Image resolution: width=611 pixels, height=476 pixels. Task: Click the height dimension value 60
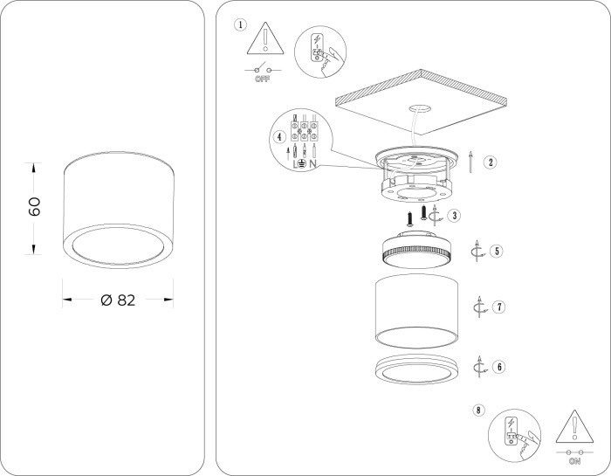(x=34, y=206)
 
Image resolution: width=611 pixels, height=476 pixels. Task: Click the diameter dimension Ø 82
(x=118, y=300)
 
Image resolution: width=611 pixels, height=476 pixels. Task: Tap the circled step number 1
(x=240, y=25)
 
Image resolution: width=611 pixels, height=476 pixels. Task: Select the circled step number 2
(x=491, y=162)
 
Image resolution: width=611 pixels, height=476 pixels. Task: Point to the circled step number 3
(x=455, y=216)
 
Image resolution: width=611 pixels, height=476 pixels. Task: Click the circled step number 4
(x=279, y=137)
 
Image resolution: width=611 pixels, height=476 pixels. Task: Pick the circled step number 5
(x=497, y=251)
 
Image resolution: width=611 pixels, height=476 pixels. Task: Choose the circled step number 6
(x=498, y=367)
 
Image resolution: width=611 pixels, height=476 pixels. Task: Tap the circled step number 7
(x=498, y=307)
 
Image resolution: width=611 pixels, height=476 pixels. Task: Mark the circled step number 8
(x=478, y=410)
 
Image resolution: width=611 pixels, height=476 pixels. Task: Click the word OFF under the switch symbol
(x=262, y=79)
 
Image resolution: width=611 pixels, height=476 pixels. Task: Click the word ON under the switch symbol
(x=574, y=461)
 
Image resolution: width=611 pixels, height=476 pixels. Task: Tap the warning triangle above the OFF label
(x=265, y=38)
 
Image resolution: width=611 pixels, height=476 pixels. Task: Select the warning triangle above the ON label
(x=574, y=427)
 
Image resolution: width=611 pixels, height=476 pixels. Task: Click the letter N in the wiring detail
(x=312, y=164)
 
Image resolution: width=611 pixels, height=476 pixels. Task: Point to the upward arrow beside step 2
(x=471, y=162)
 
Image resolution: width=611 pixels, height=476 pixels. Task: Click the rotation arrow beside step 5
(x=477, y=251)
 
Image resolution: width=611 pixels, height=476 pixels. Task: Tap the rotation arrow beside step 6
(x=479, y=367)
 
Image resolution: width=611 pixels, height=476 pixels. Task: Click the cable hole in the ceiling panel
(x=418, y=109)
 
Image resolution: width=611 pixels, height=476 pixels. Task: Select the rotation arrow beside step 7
(x=480, y=307)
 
